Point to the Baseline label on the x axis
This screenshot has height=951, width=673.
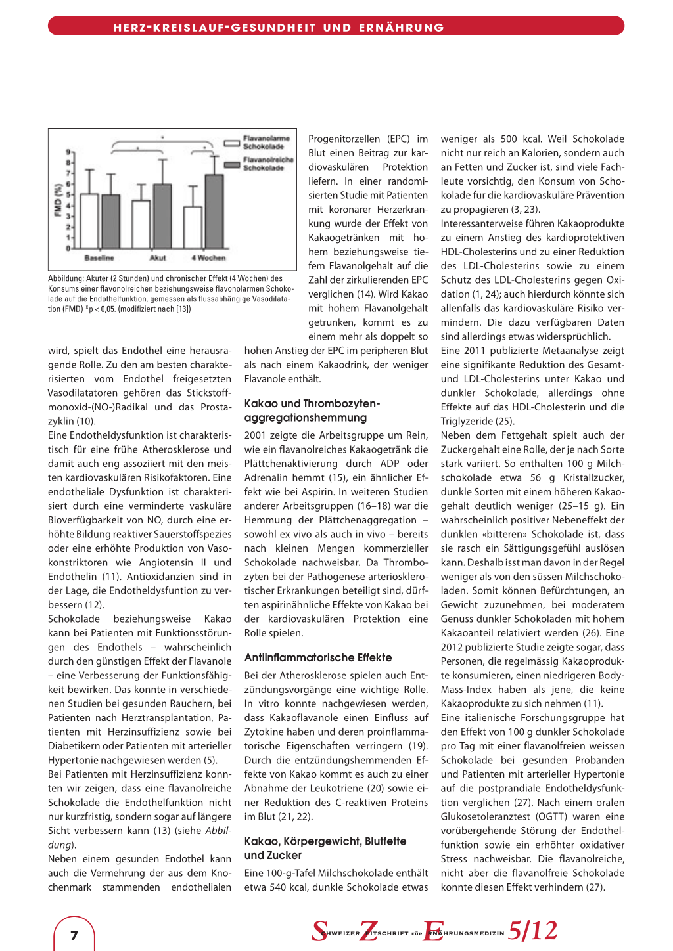tap(99, 258)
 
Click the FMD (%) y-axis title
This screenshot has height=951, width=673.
tap(58, 200)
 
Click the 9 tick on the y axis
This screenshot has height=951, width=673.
tap(67, 152)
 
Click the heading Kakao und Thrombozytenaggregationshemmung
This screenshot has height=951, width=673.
tap(312, 410)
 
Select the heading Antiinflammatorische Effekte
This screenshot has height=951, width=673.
tap(318, 657)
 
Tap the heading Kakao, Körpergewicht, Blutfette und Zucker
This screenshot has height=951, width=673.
tap(325, 848)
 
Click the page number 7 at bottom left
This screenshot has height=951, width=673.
tap(74, 935)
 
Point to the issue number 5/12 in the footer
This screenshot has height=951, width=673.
tap(532, 931)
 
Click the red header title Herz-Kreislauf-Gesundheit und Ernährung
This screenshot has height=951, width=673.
tap(279, 28)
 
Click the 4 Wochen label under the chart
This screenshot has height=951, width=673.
tap(208, 258)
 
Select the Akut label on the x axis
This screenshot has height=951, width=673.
tap(158, 258)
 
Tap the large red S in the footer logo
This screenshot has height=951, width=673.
tap(319, 931)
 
